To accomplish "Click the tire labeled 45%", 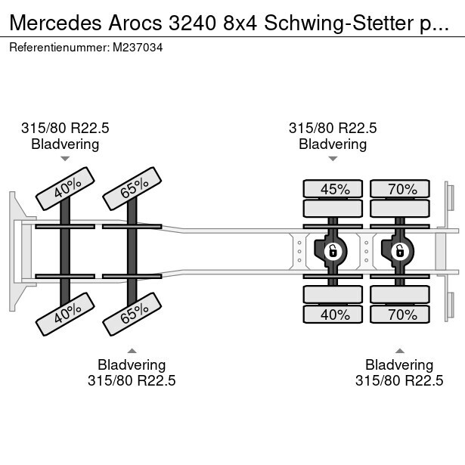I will [333, 189].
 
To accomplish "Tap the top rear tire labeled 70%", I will [399, 189].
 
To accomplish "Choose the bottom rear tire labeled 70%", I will [399, 314].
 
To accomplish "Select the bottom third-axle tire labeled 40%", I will [333, 314].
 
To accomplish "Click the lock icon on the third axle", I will [331, 250].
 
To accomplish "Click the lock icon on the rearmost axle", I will [398, 250].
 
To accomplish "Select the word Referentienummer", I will [58, 47].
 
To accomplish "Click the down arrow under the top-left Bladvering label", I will [65, 159].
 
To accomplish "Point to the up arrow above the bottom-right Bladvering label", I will [399, 350].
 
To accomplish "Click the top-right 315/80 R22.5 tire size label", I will [333, 129].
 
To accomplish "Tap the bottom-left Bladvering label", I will [132, 365].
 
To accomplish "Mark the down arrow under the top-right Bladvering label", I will [333, 159].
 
